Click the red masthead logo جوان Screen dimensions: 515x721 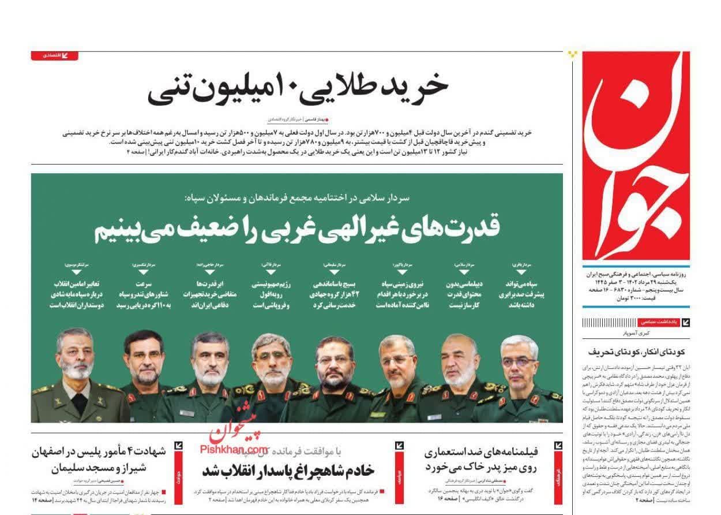[636, 156]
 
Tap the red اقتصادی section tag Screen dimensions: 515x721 [54, 55]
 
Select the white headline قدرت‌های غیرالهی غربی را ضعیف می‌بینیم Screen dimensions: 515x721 [297, 229]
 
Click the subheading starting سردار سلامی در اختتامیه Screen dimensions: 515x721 [297, 198]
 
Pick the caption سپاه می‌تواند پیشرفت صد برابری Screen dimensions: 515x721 [523, 294]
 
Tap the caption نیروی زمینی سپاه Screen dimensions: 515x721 [397, 294]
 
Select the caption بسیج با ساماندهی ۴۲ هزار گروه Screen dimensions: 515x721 [335, 294]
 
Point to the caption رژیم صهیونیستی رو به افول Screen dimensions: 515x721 [266, 294]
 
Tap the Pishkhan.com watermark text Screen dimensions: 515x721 [234, 449]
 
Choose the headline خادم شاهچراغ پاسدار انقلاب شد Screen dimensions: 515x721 [288, 471]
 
